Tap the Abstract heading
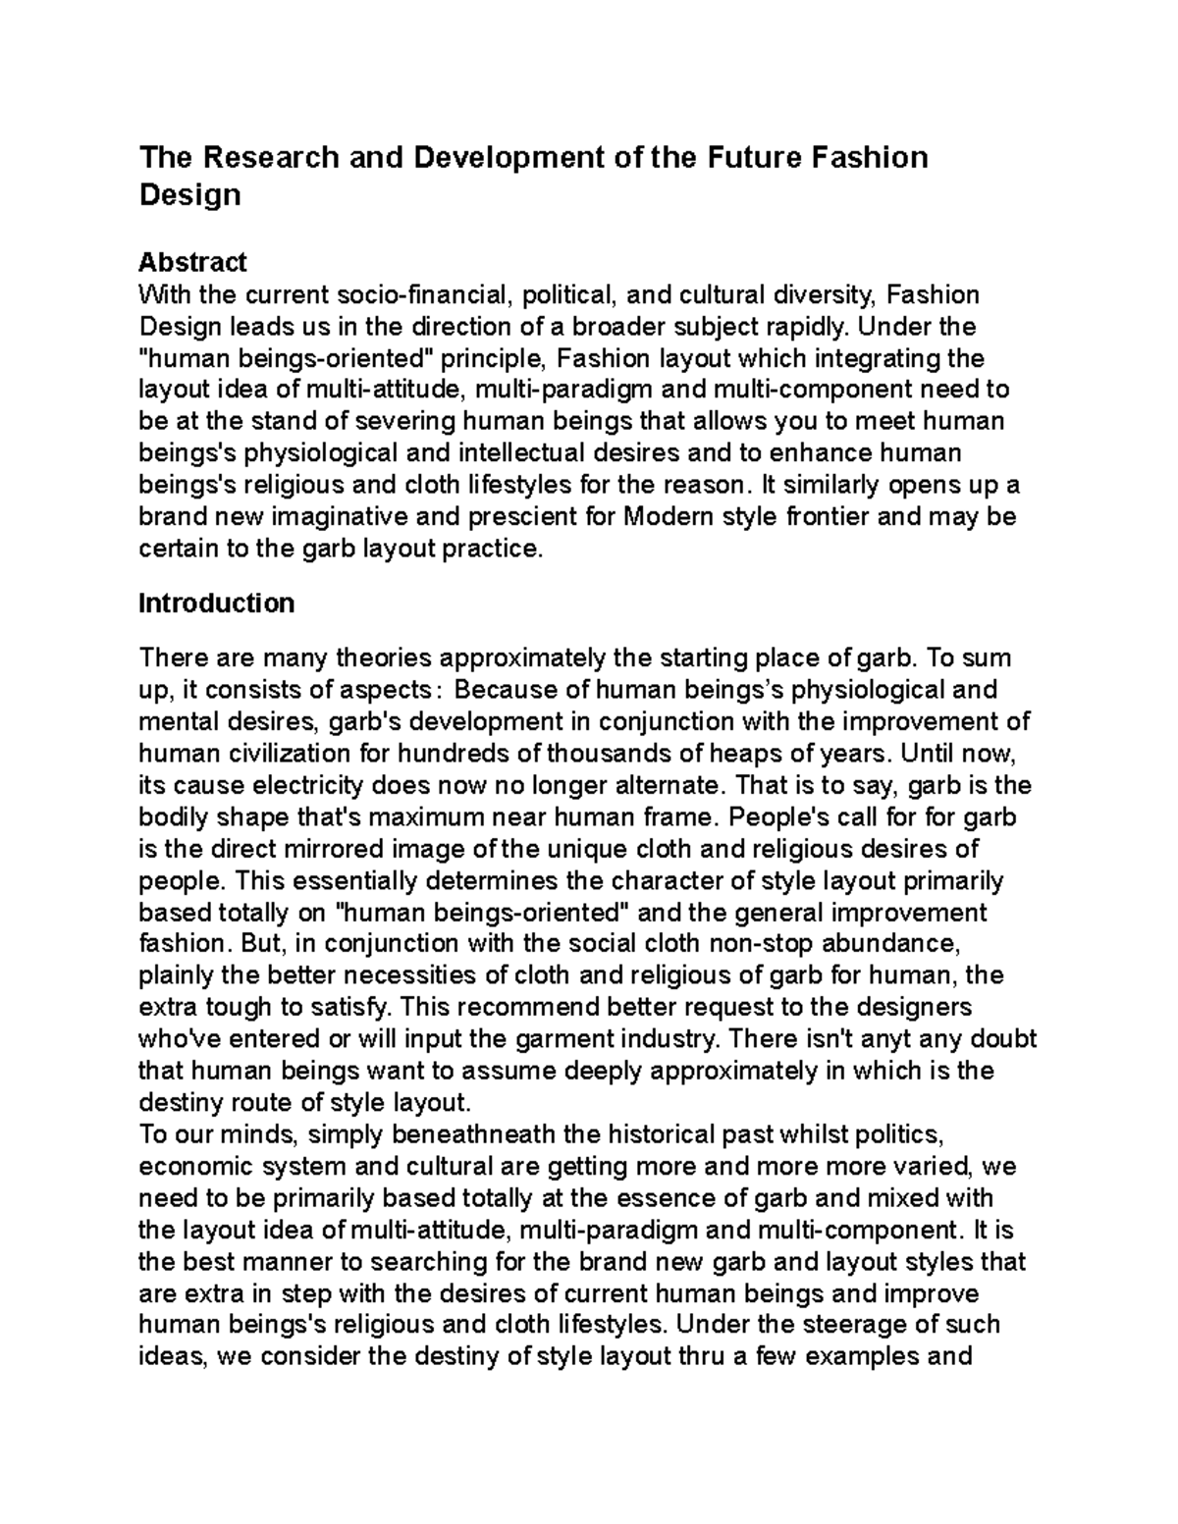[x=192, y=262]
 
